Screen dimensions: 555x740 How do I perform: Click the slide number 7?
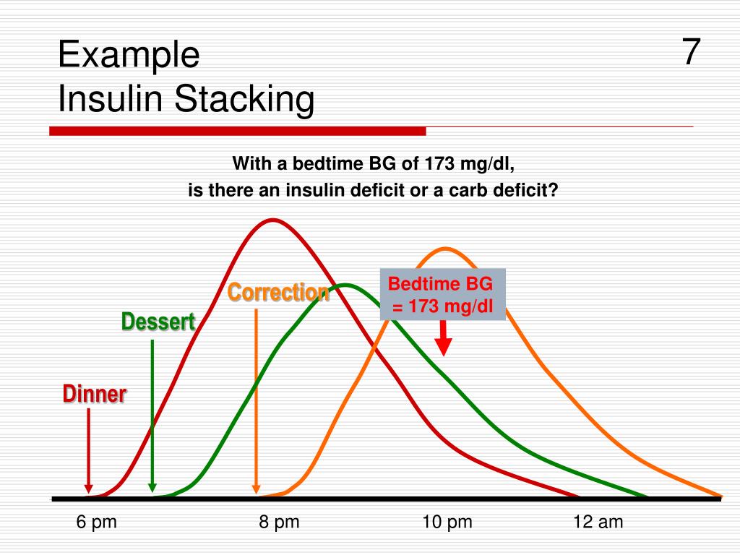pos(691,52)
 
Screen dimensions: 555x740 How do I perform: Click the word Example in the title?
pos(129,55)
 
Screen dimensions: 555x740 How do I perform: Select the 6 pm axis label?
pos(97,522)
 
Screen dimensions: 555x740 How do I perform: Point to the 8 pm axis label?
pos(279,522)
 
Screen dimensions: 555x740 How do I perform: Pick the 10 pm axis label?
pos(447,522)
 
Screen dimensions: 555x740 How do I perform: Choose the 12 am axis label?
pos(598,522)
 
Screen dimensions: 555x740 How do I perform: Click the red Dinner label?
pos(95,395)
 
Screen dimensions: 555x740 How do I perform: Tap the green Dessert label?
pos(158,322)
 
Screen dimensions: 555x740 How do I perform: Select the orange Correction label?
pos(279,293)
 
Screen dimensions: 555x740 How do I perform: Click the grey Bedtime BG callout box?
pos(443,296)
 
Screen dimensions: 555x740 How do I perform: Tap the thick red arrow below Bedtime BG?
pos(444,339)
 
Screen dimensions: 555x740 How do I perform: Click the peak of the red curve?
pos(272,219)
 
